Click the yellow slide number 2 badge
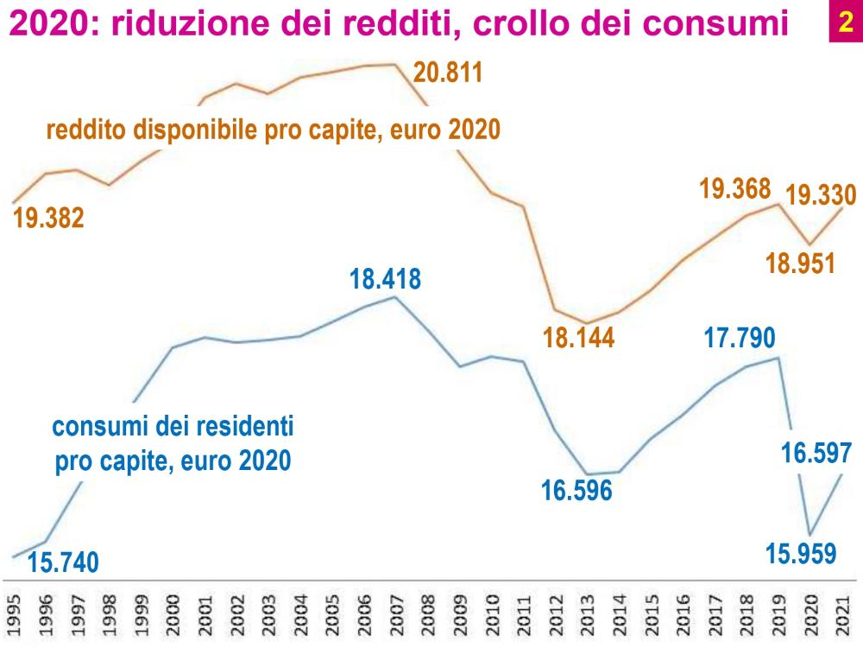coord(840,22)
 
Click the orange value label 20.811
coord(446,71)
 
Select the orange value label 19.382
coord(48,219)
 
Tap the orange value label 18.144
coord(578,338)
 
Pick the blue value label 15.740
coord(63,563)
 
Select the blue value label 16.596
coord(576,489)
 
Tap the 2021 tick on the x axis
coord(844,614)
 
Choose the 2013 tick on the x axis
coord(587,614)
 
